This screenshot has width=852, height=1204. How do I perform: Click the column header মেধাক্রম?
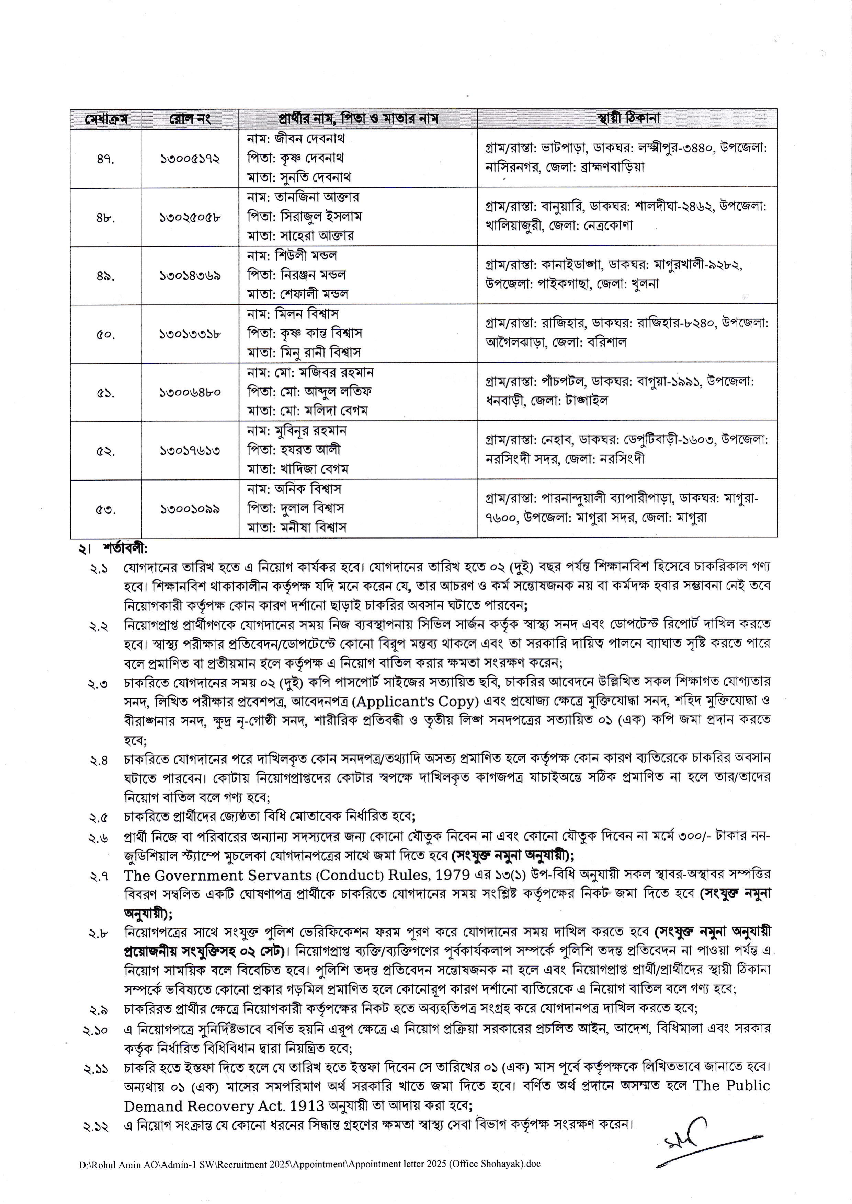click(x=105, y=118)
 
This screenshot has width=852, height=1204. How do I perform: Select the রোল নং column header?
click(x=190, y=118)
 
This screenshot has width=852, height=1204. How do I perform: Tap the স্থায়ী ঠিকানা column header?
click(x=627, y=118)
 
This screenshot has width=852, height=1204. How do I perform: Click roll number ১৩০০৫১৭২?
click(x=190, y=158)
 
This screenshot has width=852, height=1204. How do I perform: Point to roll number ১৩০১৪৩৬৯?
click(x=190, y=275)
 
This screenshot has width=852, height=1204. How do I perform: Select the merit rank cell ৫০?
click(x=105, y=334)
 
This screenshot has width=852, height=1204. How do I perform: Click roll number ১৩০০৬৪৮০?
click(x=190, y=392)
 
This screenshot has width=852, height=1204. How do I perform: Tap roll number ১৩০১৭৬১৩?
click(x=190, y=450)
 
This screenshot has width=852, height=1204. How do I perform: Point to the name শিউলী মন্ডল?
click(x=305, y=256)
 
